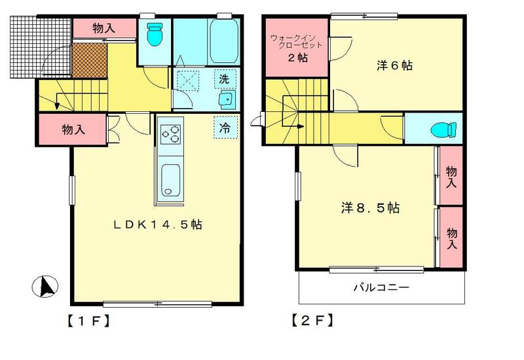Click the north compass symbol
click(45, 287)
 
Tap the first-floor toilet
click(155, 34)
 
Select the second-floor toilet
click(444, 130)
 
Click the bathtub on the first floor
click(224, 40)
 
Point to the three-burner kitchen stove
click(171, 134)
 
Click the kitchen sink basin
click(170, 181)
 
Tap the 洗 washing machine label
click(224, 79)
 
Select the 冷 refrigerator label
click(225, 127)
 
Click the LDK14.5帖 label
click(157, 225)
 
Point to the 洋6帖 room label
click(394, 65)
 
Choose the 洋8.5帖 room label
click(370, 208)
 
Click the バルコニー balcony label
click(381, 287)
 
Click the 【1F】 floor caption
click(88, 321)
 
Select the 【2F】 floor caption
click(312, 321)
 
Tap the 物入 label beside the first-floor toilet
click(104, 28)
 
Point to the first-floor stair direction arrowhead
click(57, 105)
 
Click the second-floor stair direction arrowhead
click(301, 126)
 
